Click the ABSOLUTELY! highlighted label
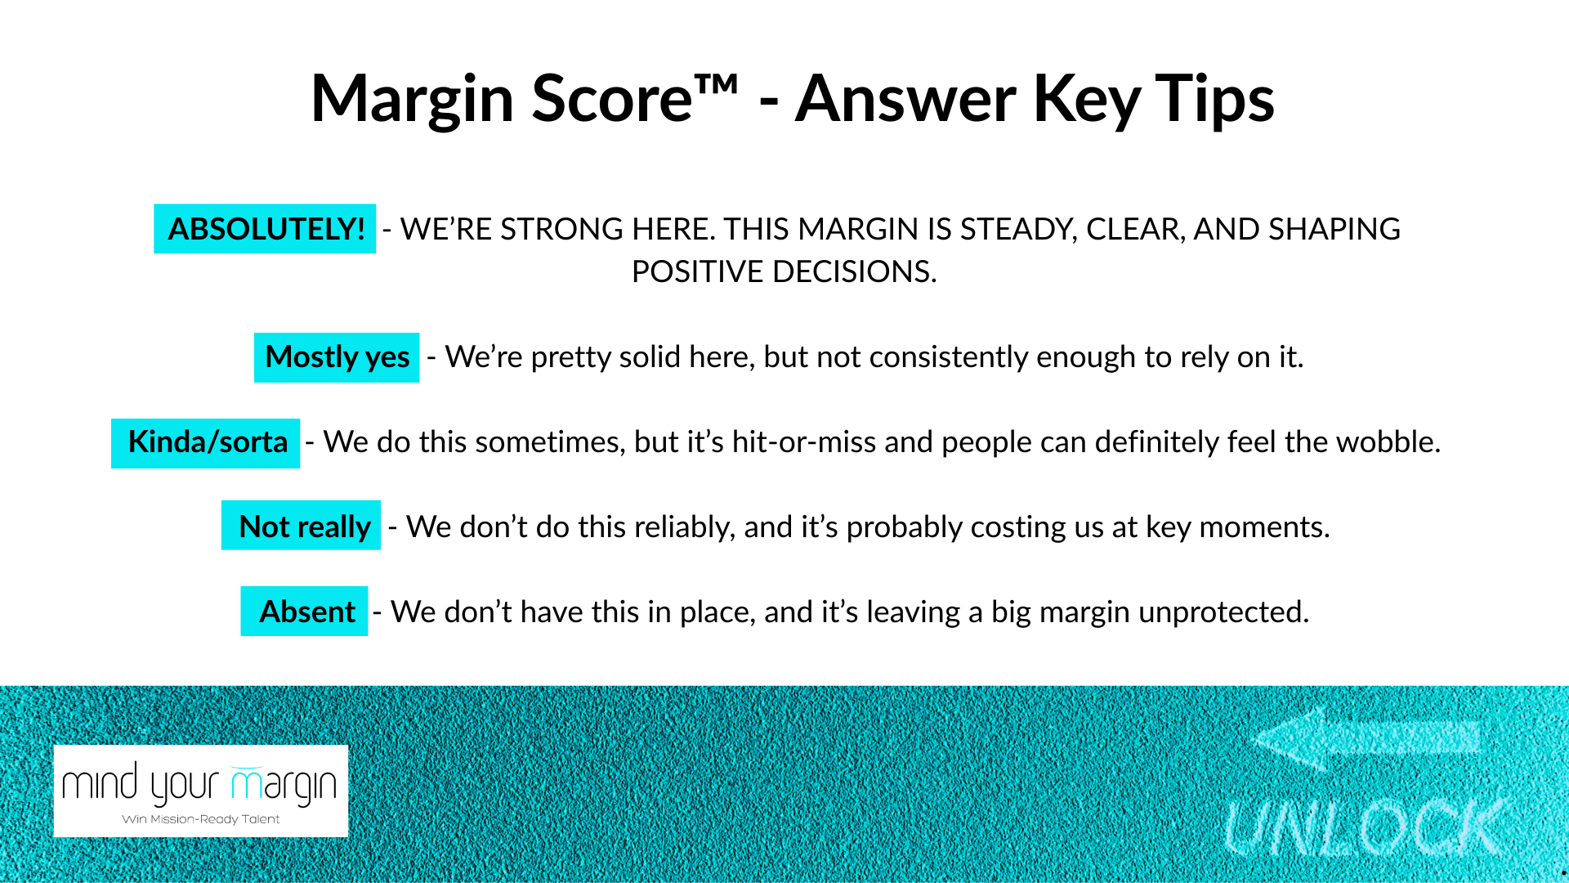click(x=265, y=229)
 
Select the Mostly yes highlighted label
click(x=337, y=357)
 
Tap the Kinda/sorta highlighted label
click(x=206, y=443)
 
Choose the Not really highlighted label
click(x=302, y=525)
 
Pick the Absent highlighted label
click(x=304, y=611)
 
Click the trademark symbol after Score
click(x=717, y=84)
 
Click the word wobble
click(x=1388, y=442)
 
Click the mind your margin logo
click(x=201, y=791)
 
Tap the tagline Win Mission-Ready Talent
click(x=201, y=819)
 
